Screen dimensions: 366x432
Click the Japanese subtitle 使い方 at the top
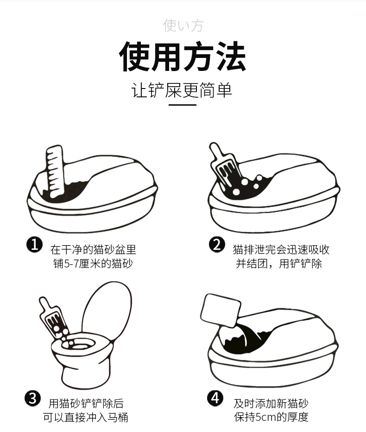[x=183, y=25]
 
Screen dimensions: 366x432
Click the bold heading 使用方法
[x=183, y=57]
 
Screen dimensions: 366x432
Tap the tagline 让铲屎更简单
[x=183, y=90]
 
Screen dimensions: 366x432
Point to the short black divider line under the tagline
[x=183, y=105]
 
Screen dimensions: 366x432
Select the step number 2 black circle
[x=216, y=244]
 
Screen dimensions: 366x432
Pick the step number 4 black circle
[x=215, y=398]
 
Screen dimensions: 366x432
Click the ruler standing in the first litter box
[x=55, y=169]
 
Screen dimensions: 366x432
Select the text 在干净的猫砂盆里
[x=93, y=249]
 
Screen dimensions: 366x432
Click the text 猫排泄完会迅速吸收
[x=281, y=249]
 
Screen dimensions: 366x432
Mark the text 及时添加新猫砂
[x=271, y=403]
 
